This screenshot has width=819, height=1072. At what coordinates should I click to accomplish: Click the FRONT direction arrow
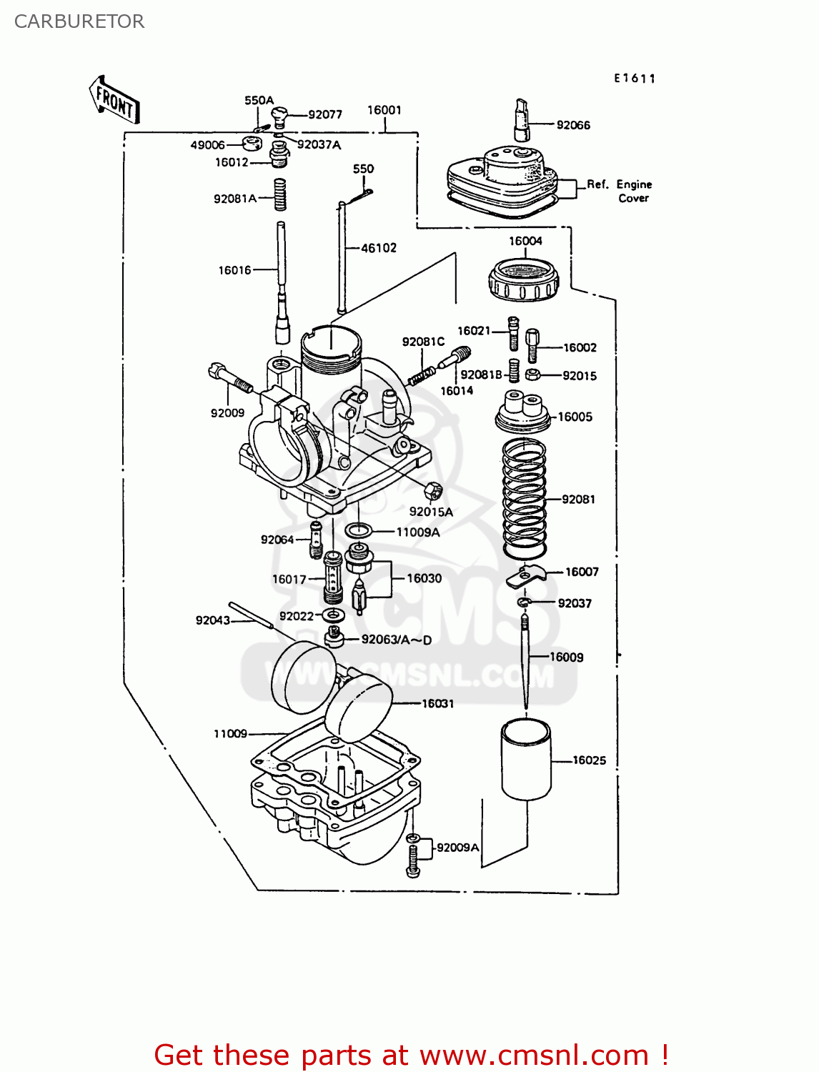(114, 100)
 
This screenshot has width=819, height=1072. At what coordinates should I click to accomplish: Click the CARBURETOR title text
(79, 21)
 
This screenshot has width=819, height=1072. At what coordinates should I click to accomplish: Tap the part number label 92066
(573, 125)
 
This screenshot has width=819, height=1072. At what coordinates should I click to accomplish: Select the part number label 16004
(525, 241)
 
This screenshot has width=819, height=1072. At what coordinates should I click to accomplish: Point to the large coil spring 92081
(525, 498)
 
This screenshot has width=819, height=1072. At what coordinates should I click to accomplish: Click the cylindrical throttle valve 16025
(527, 759)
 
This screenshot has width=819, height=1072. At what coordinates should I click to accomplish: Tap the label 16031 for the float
(437, 703)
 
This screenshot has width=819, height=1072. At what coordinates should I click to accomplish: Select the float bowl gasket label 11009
(230, 733)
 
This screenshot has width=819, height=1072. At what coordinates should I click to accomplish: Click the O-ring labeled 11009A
(358, 531)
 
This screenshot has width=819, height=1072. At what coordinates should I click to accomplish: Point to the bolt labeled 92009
(230, 379)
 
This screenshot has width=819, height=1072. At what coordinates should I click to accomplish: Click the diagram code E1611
(635, 79)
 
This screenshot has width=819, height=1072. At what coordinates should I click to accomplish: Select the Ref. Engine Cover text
(620, 191)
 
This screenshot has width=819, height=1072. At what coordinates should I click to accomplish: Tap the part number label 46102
(379, 248)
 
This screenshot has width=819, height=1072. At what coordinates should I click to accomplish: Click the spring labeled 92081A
(280, 194)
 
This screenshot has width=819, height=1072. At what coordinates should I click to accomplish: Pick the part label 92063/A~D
(397, 640)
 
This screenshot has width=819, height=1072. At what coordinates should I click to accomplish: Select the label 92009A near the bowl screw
(457, 847)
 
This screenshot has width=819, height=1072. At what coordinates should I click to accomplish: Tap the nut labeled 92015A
(432, 491)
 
